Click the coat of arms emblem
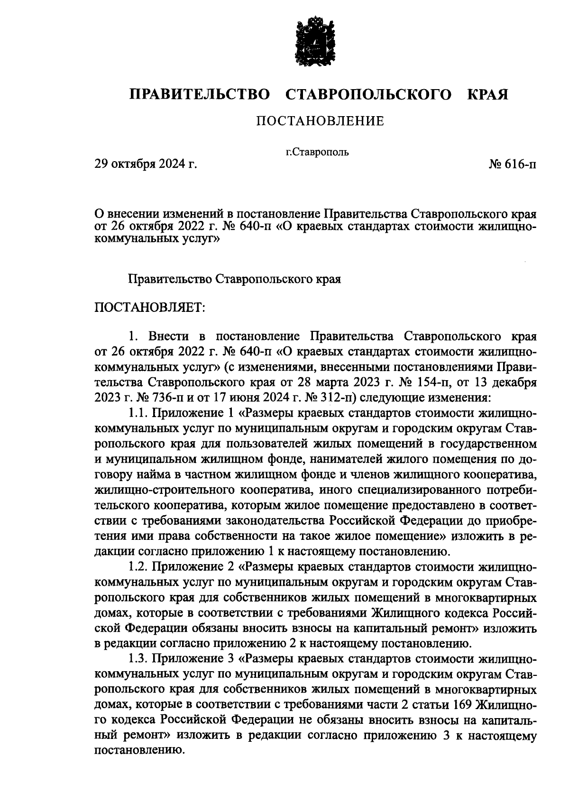tap(312, 42)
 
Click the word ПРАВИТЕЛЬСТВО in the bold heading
tap(200, 94)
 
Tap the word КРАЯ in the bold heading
tap(487, 94)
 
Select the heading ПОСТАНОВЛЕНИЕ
tap(320, 121)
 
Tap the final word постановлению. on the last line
tap(139, 751)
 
